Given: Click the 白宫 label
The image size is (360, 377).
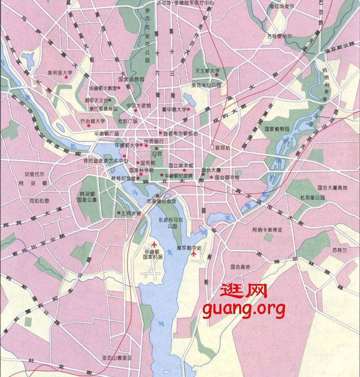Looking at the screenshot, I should [x=157, y=153].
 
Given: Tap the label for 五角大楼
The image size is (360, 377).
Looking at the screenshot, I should [x=131, y=213].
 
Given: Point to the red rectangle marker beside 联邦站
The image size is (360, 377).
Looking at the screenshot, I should [x=213, y=147].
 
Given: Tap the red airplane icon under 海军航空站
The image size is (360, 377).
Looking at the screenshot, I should [x=193, y=254].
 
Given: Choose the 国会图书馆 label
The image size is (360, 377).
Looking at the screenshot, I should [x=227, y=178].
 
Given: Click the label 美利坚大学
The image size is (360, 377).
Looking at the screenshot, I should [x=60, y=73].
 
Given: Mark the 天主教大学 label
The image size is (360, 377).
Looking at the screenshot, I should [x=207, y=71].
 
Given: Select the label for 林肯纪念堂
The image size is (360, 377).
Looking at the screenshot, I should [x=123, y=178].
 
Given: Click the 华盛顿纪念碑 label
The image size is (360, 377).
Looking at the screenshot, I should [x=179, y=175].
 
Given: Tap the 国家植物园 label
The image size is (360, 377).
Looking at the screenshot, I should [x=277, y=129].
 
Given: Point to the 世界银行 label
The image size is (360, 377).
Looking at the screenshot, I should [x=154, y=141].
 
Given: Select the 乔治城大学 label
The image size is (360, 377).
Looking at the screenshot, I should [x=93, y=121].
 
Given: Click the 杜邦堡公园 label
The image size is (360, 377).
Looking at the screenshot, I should [x=312, y=197].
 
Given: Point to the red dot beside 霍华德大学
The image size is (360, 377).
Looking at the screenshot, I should [x=189, y=109].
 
